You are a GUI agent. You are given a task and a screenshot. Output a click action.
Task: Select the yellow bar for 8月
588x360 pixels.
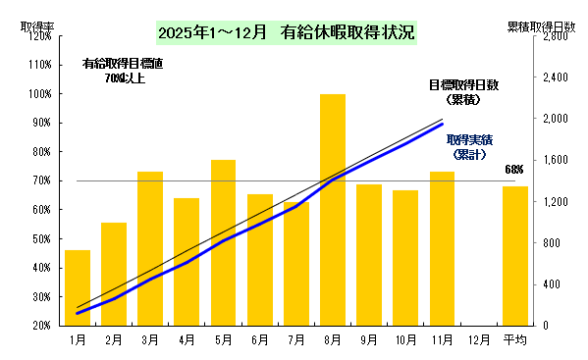pyautogui.click(x=333, y=211)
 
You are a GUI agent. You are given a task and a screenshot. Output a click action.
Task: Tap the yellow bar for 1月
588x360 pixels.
pyautogui.click(x=78, y=287)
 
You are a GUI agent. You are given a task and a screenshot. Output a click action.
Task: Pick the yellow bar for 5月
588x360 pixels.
pyautogui.click(x=223, y=242)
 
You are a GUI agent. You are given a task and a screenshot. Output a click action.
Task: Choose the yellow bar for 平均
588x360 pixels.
pyautogui.click(x=515, y=255)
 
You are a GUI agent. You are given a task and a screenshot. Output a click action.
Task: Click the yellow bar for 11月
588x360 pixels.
pyautogui.click(x=442, y=248)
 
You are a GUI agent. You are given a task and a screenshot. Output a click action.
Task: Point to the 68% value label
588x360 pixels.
pyautogui.click(x=513, y=170)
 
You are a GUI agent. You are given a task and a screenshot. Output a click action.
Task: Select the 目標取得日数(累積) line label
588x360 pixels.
pyautogui.click(x=463, y=92)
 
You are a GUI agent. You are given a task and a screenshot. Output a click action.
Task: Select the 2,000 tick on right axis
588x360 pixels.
pyautogui.click(x=555, y=120)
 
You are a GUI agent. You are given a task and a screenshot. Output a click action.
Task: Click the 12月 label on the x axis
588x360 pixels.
pyautogui.click(x=478, y=339)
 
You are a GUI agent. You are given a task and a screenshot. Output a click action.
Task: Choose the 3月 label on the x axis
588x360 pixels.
pyautogui.click(x=150, y=339)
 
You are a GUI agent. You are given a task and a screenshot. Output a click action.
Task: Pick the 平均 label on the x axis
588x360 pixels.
pyautogui.click(x=515, y=339)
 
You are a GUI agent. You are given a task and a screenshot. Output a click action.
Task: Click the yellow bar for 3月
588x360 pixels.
pyautogui.click(x=150, y=248)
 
